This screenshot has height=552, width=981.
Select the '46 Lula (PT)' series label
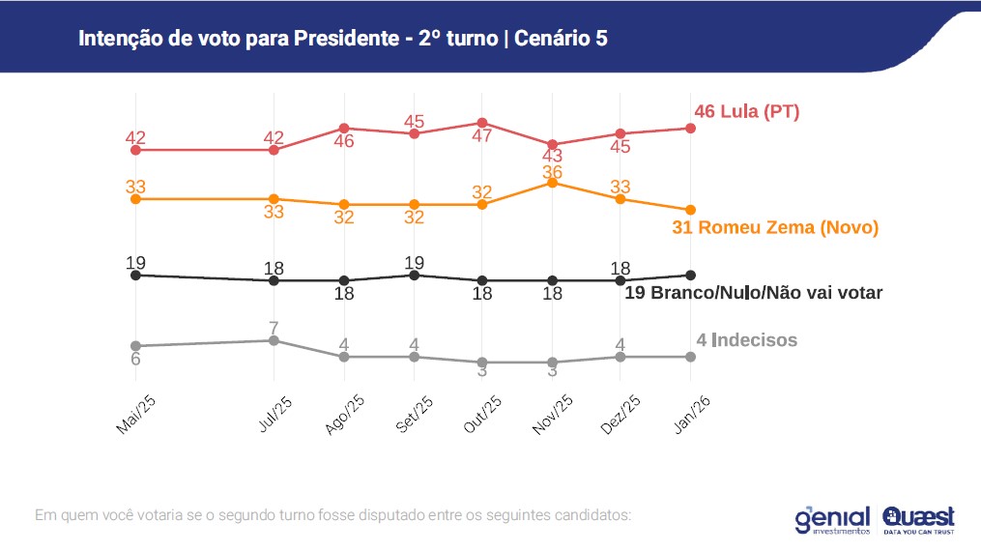(746, 111)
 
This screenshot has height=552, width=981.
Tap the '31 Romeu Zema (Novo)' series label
(774, 228)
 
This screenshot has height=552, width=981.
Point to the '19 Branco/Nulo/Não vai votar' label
(754, 292)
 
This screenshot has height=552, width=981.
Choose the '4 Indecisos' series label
(746, 339)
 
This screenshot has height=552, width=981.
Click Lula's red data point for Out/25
(482, 123)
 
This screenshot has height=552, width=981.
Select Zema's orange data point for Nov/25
(552, 182)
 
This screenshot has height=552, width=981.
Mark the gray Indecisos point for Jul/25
(274, 340)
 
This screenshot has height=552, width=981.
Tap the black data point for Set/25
(414, 275)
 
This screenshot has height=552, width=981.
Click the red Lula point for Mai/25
(135, 150)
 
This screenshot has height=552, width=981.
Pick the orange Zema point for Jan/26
(690, 210)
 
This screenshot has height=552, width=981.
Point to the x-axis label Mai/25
(135, 415)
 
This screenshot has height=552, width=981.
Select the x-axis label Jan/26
(690, 415)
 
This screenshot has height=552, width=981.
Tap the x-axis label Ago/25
(344, 415)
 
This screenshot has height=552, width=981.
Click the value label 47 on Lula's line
(482, 136)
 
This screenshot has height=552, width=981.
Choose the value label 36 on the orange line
(552, 171)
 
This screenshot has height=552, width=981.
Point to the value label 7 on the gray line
(274, 328)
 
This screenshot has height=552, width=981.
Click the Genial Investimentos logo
(832, 520)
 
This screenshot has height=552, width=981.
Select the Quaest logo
(918, 520)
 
